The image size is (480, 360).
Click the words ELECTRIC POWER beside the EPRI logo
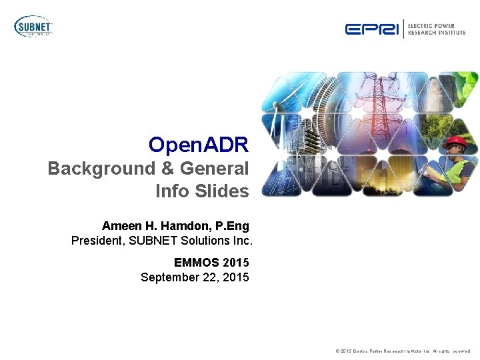436,25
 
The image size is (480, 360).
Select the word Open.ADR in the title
199,145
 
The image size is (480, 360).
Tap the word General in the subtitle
211,169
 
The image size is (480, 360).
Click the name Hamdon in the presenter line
180,226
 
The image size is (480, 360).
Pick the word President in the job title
97,240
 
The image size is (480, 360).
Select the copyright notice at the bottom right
403,351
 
